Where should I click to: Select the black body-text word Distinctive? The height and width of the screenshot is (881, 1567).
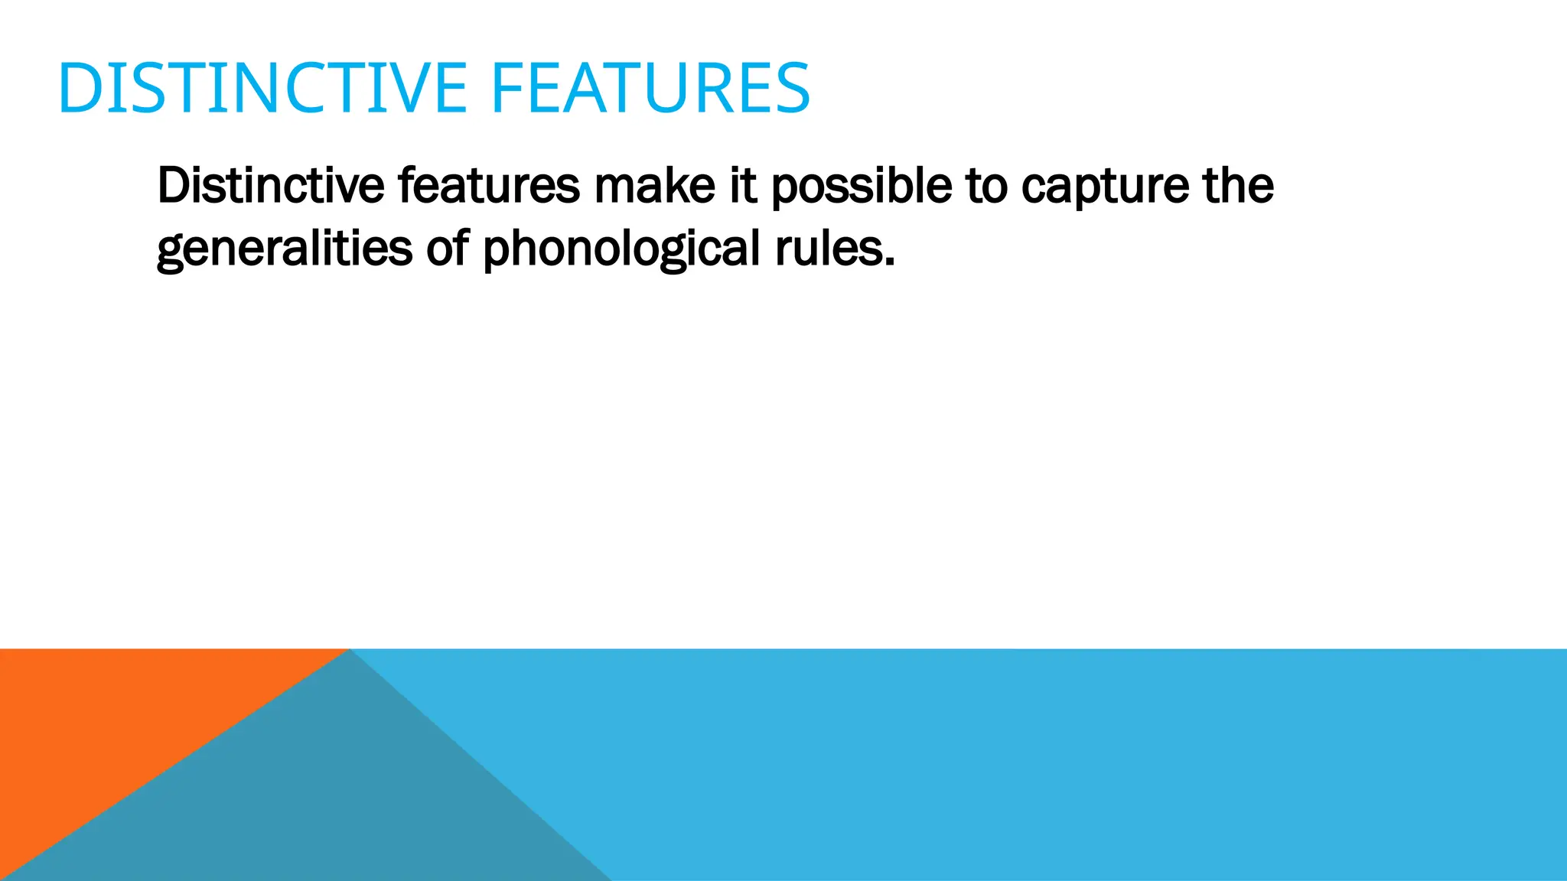[x=270, y=185]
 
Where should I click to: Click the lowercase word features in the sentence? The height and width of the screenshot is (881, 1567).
[x=489, y=185]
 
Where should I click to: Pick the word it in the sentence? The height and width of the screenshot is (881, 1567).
[x=743, y=185]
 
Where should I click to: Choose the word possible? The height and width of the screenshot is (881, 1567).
[x=862, y=187]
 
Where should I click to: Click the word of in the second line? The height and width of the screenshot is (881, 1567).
[x=448, y=248]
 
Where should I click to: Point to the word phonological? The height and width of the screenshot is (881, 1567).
[x=621, y=249]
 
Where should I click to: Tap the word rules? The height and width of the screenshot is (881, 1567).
[x=828, y=248]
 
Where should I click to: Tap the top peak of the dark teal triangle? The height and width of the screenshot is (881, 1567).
[x=350, y=652]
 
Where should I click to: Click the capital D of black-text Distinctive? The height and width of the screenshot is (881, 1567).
[x=172, y=185]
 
